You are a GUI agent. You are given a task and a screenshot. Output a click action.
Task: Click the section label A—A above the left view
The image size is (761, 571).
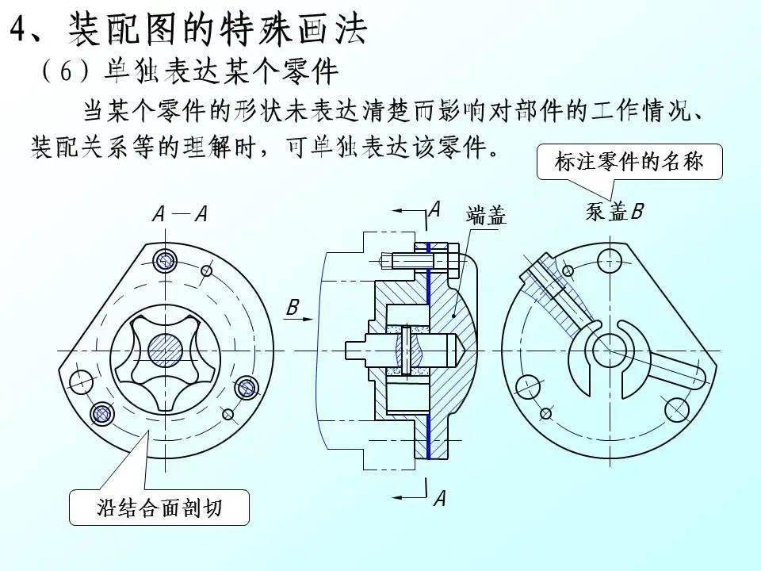(180, 213)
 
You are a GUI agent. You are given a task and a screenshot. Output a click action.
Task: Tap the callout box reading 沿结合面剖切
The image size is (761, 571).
(159, 508)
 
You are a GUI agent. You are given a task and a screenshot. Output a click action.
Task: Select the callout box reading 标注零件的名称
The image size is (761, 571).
(629, 162)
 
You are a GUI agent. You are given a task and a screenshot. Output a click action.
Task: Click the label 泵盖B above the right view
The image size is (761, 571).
(614, 211)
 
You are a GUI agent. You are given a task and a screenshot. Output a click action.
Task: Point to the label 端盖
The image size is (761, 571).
(486, 216)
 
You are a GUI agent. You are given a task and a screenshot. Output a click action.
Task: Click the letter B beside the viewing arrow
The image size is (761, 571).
(293, 308)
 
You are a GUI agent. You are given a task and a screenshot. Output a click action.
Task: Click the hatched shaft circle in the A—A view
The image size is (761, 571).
(166, 351)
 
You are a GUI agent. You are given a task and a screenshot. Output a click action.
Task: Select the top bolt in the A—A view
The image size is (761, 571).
(166, 261)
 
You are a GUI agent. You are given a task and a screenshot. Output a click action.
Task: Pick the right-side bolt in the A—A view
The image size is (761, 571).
(246, 388)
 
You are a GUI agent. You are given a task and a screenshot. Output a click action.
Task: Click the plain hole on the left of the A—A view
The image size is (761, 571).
(81, 381)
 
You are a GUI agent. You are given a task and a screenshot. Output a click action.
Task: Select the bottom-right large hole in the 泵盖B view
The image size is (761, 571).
(676, 409)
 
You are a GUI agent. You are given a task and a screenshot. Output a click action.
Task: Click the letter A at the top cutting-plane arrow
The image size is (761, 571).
(435, 209)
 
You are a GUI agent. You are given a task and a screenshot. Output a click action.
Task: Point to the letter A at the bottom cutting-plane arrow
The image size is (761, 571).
(440, 498)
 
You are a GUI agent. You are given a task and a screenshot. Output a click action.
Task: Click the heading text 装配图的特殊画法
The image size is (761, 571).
(217, 29)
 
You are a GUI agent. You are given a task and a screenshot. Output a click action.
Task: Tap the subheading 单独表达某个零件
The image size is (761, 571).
(221, 72)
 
